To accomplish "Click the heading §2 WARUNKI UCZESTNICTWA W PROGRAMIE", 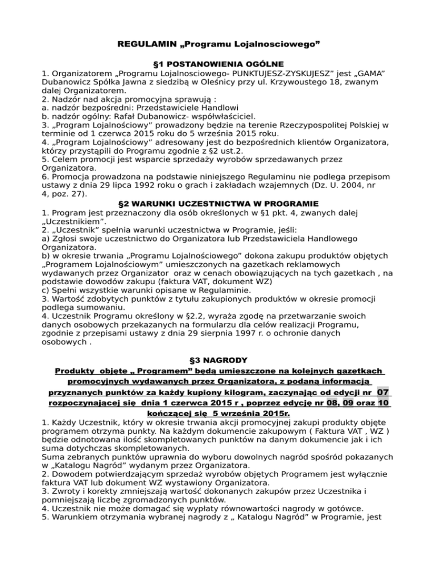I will point(219,218).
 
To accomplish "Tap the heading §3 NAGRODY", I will point(219,360).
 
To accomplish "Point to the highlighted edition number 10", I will point(383,404).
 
